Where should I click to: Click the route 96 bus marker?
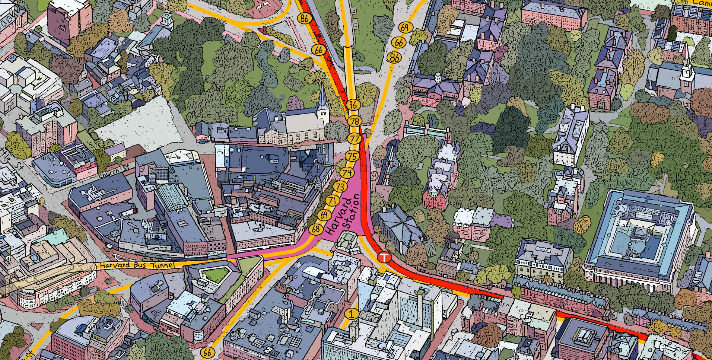(x=353, y=105)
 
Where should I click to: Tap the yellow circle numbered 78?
(x=355, y=121)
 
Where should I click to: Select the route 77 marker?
(x=355, y=139)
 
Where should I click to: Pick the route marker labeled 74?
(x=347, y=173)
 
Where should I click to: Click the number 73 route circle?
(x=340, y=187)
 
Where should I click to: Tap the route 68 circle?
(x=316, y=229)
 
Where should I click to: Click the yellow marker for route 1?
(x=351, y=313)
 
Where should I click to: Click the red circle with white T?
(x=384, y=257)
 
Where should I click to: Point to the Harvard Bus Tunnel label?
(x=137, y=265)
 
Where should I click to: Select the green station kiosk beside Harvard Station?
(x=347, y=241)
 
